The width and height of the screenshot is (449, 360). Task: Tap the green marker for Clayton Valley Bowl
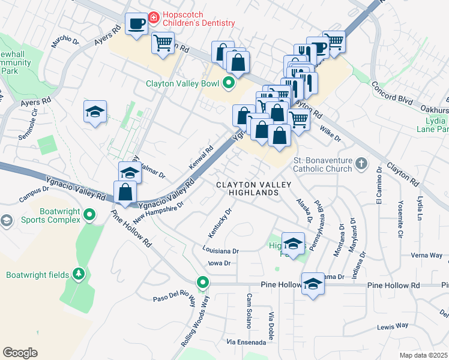point(229,83)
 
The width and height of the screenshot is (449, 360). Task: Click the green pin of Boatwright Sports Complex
point(89,214)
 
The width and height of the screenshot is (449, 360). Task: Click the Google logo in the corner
point(20,352)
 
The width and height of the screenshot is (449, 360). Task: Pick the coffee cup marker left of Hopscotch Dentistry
point(136,24)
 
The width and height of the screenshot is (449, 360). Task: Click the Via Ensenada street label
point(246,342)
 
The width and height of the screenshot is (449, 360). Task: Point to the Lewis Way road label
point(393,326)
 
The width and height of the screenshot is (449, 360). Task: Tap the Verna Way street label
point(427,255)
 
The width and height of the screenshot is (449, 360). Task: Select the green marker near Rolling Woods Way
point(203,282)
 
